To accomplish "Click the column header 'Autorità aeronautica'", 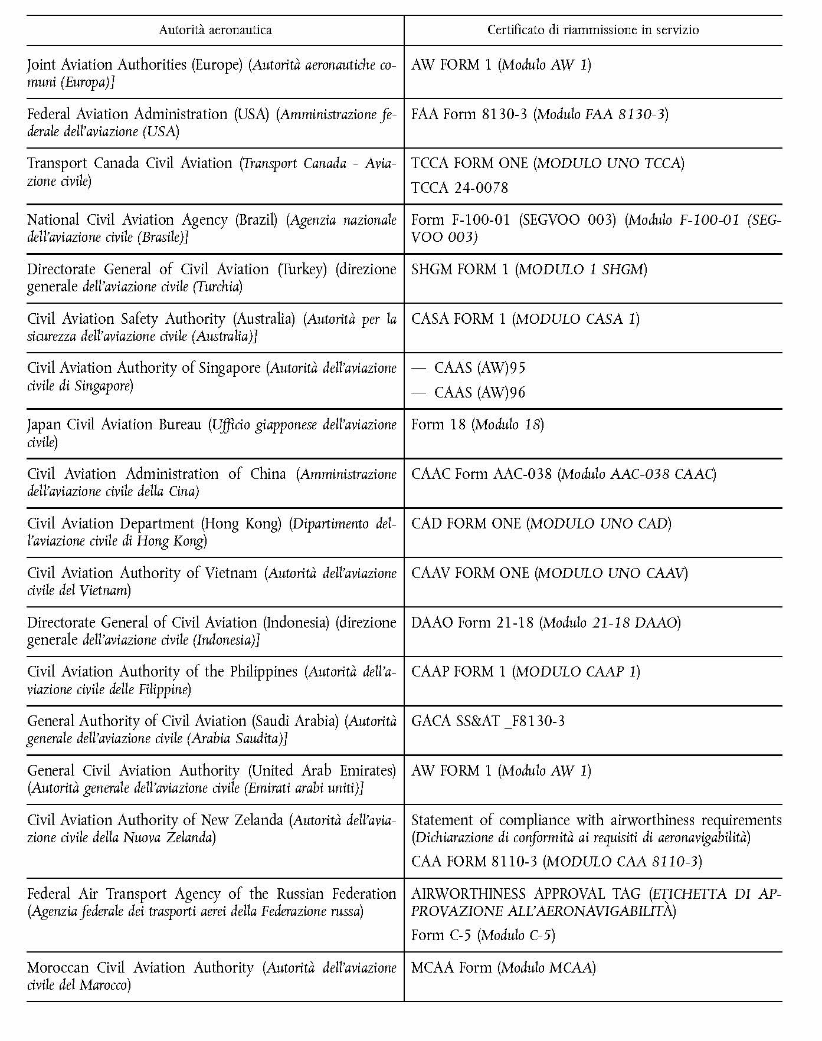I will pyautogui.click(x=215, y=30).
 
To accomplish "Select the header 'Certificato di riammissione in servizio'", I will pyautogui.click(x=592, y=30).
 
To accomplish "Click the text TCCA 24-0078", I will pyautogui.click(x=459, y=188).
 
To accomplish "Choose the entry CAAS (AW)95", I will pyautogui.click(x=479, y=368).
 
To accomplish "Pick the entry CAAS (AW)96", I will pyautogui.click(x=479, y=393).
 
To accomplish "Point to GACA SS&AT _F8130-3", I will pyautogui.click(x=487, y=721).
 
